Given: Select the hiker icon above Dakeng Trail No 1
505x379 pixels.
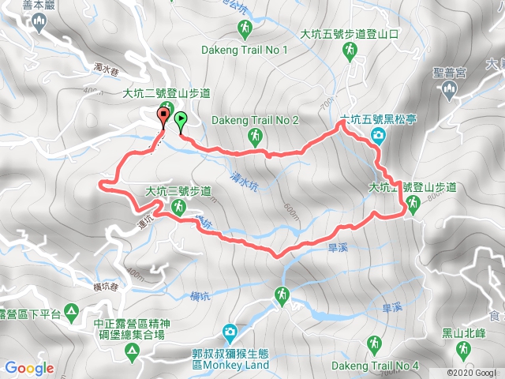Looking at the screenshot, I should coord(245,30).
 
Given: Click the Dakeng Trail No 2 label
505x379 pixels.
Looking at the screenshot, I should coord(256,120).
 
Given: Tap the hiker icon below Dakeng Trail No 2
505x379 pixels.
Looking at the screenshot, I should coord(255,137).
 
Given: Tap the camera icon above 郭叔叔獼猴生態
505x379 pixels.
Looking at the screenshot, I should coord(230,331).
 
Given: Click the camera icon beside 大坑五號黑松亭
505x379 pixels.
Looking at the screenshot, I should coord(379,137).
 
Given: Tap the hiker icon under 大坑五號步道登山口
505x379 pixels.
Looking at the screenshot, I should coord(349,51).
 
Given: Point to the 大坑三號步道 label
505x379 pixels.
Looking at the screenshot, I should coord(178,191).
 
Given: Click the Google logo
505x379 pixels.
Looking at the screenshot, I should coord(29,367).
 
